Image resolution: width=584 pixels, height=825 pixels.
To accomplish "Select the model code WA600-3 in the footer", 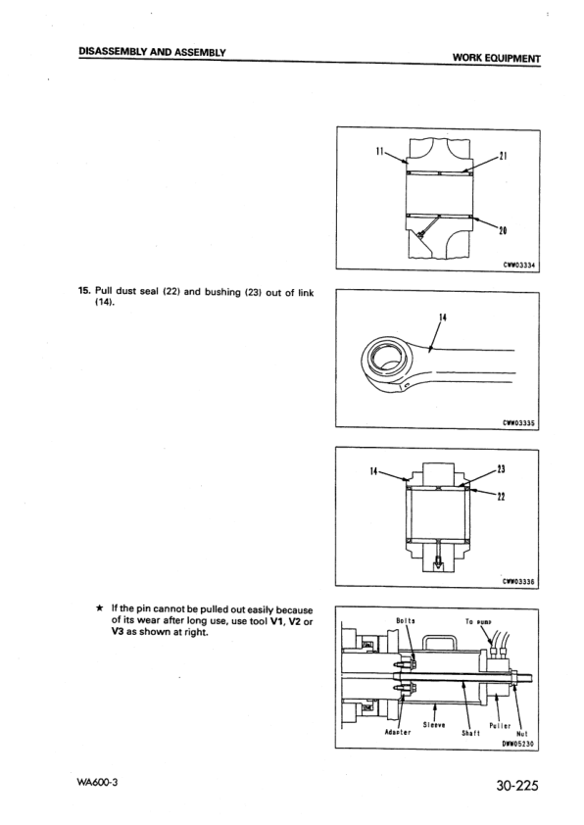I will click(98, 784).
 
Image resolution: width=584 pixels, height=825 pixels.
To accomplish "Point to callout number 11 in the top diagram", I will click(380, 151).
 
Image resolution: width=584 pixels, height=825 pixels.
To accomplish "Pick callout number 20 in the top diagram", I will click(502, 230).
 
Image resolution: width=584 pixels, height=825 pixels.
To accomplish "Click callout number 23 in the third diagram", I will click(503, 468).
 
